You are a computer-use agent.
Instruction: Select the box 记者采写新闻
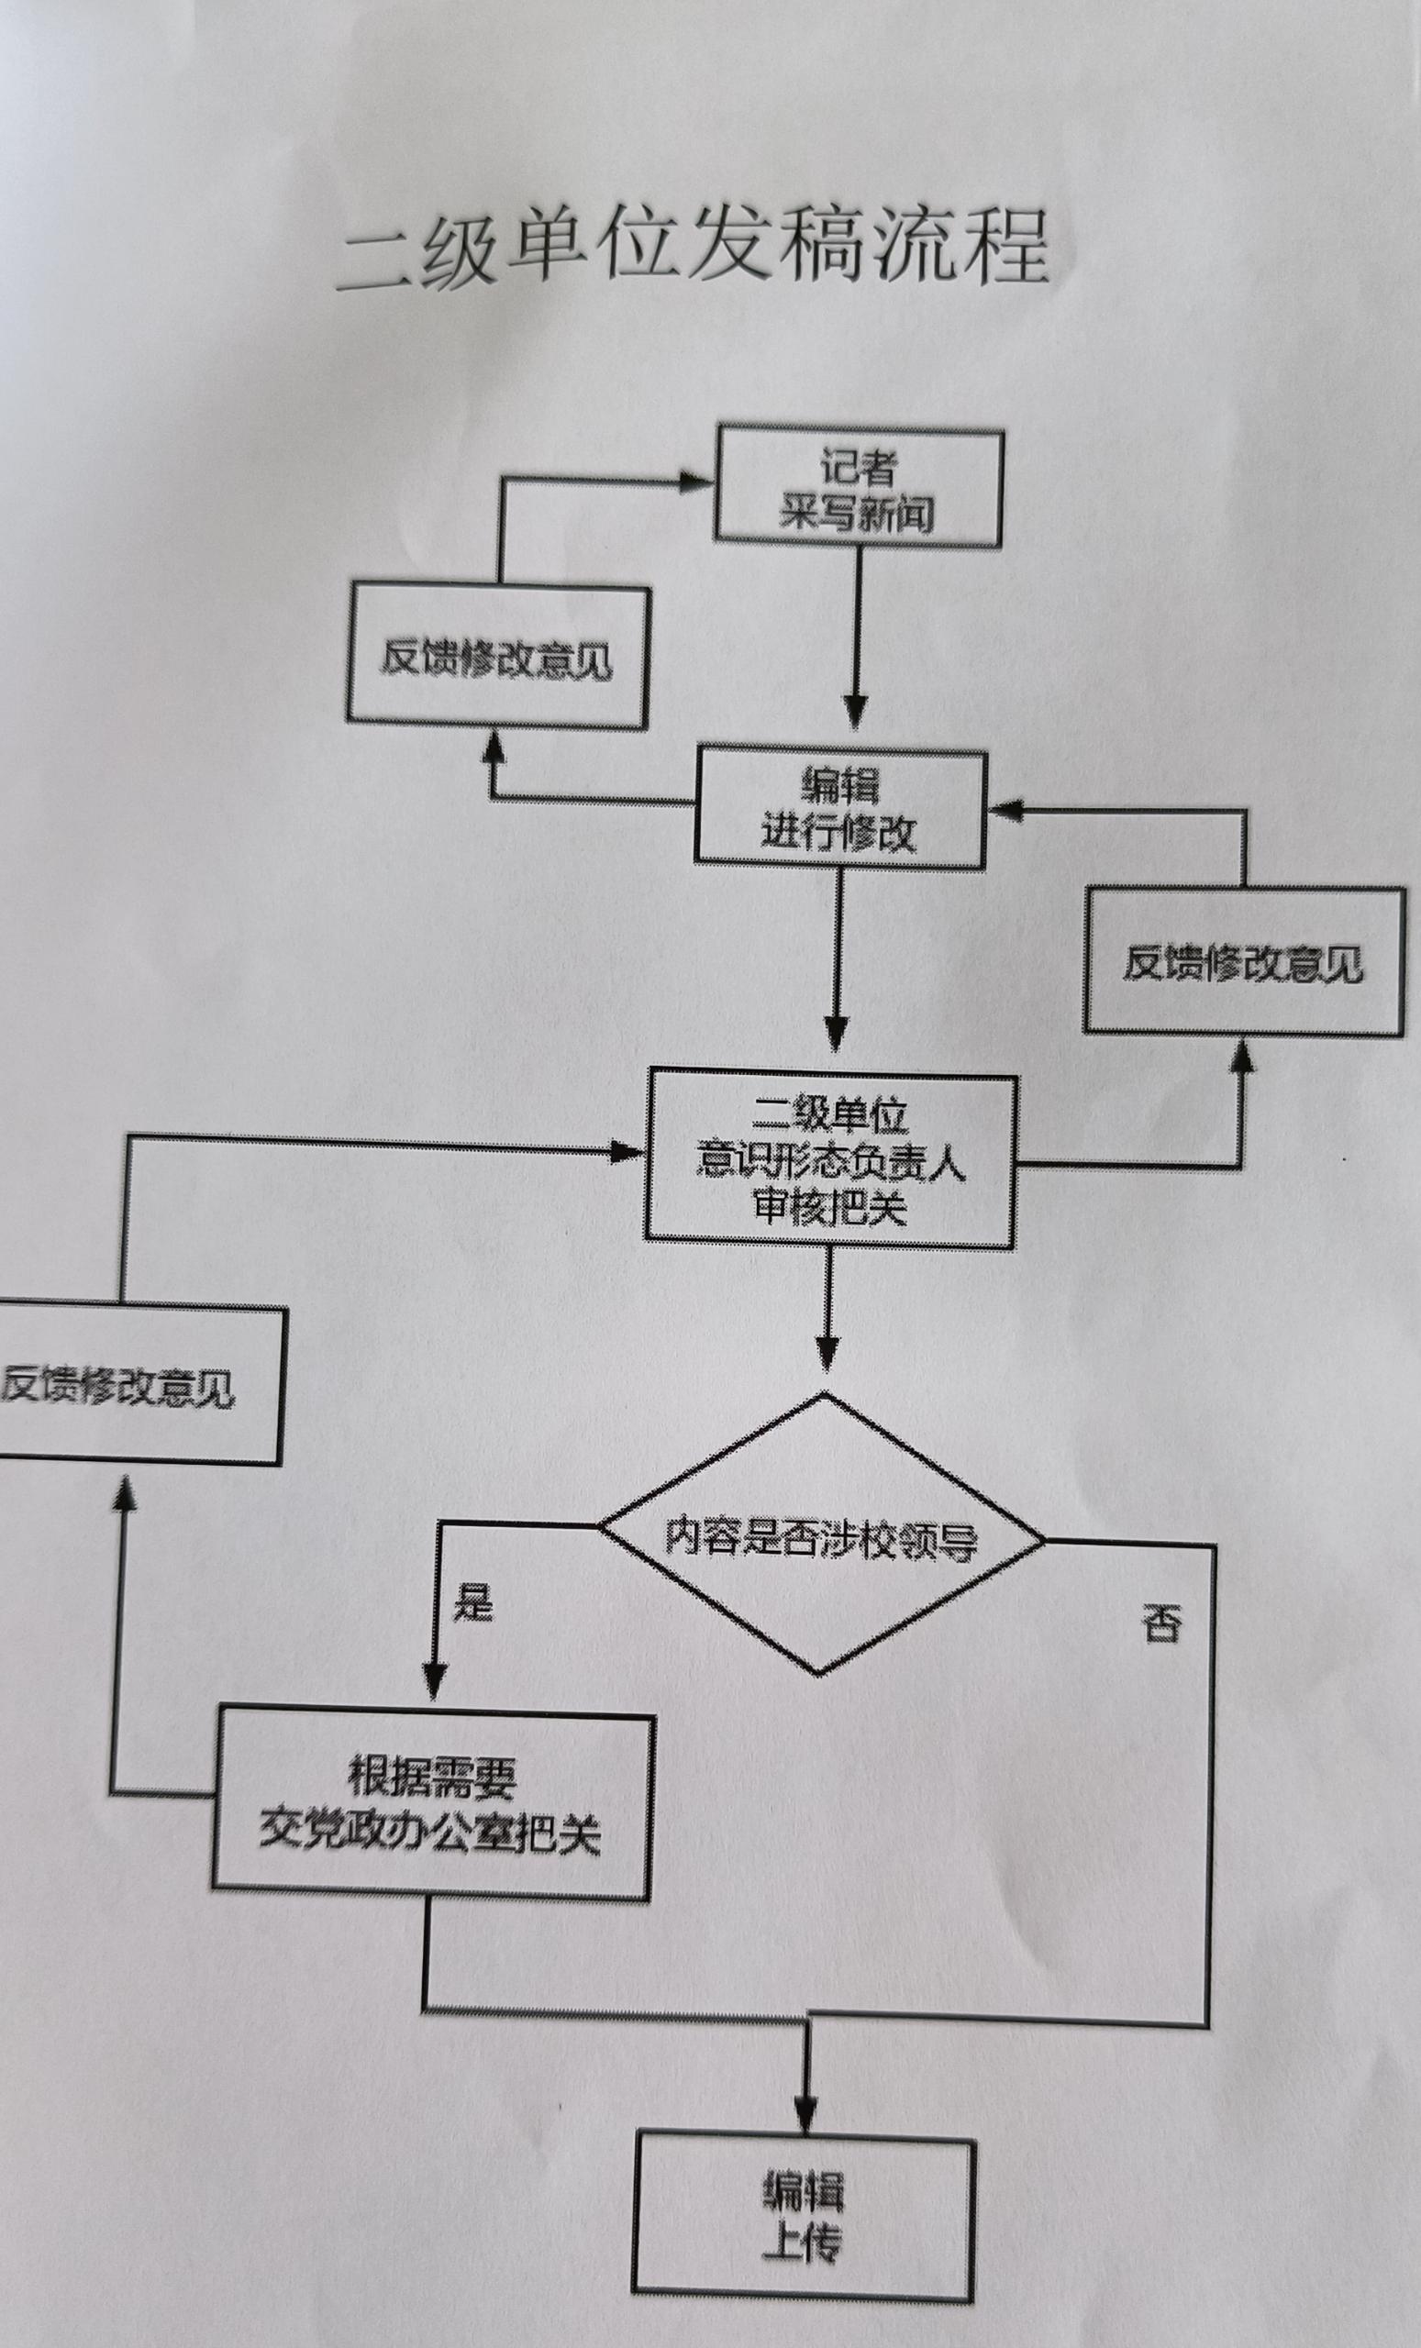[x=858, y=489]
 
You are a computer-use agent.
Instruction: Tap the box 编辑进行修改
[x=839, y=809]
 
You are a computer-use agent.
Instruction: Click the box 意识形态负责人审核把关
[x=830, y=1159]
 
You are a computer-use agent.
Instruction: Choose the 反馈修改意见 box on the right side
[x=1243, y=961]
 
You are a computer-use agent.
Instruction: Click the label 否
[x=1161, y=1623]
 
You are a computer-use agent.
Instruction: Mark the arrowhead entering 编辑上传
[x=806, y=2118]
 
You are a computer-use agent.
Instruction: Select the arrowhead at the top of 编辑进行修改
[x=855, y=711]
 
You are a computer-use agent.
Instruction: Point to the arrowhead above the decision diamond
[x=827, y=1352]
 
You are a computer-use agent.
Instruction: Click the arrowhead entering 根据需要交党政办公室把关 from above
[x=434, y=1681]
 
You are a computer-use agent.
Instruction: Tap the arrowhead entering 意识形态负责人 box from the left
[x=628, y=1153]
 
